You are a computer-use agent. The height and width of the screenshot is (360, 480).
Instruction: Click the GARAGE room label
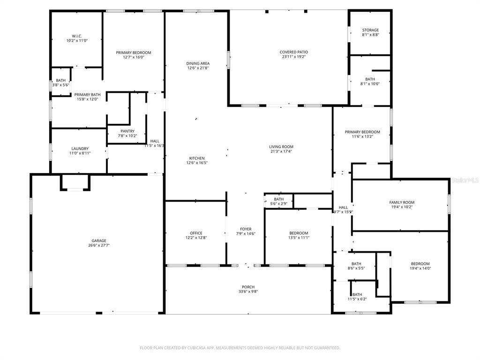[98, 240]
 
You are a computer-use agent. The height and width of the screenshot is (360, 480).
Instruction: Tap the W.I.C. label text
[77, 36]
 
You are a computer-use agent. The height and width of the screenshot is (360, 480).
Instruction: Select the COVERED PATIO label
[293, 52]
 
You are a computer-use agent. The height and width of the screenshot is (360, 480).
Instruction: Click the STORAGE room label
[370, 30]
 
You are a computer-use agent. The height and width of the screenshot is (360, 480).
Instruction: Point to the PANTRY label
[127, 131]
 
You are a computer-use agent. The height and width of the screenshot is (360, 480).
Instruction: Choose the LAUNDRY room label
[80, 149]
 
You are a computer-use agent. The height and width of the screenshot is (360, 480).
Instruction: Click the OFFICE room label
[196, 233]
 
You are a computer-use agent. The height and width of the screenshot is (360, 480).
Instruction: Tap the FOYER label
[246, 229]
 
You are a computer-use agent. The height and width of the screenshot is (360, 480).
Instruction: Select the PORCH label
[248, 287]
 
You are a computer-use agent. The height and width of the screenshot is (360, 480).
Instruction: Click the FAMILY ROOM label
[402, 202]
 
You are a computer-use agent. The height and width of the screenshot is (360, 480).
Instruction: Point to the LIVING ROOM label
[281, 147]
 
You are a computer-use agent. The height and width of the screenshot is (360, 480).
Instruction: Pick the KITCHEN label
[196, 158]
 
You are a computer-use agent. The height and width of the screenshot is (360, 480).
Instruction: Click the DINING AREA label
[198, 63]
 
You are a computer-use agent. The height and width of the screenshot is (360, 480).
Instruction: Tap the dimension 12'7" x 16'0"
[134, 57]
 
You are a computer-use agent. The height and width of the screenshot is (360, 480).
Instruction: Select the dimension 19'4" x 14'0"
[420, 269]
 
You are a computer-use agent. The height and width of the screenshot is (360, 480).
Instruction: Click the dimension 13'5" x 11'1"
[299, 238]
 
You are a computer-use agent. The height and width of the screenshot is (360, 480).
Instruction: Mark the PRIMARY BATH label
[87, 95]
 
